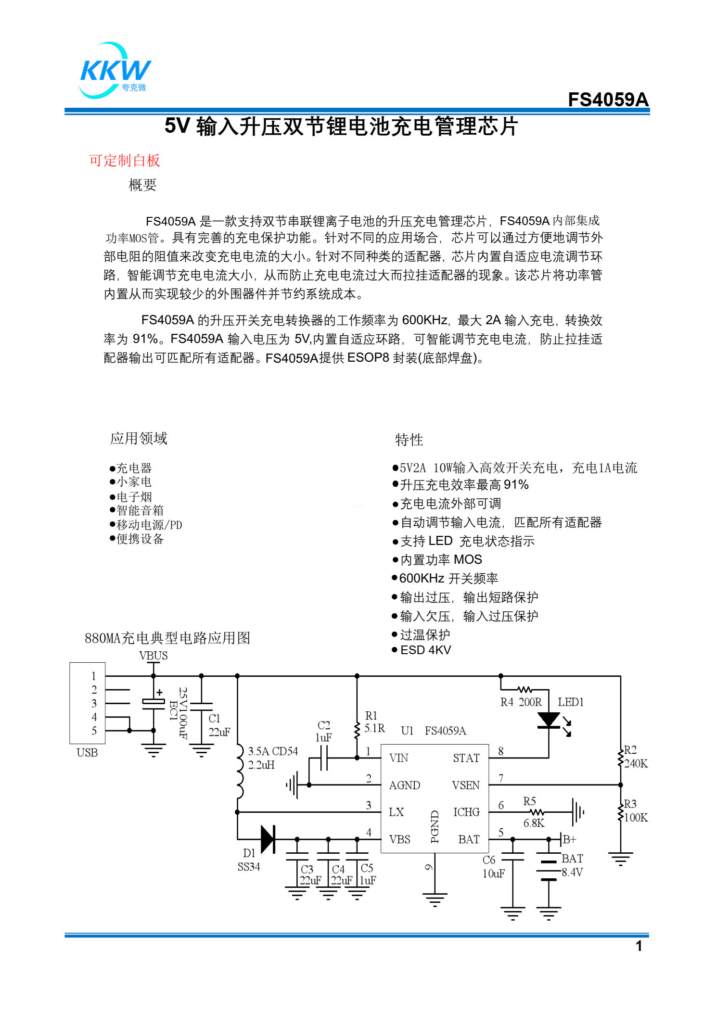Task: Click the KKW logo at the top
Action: (115, 71)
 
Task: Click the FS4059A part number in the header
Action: (608, 100)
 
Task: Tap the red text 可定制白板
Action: (124, 161)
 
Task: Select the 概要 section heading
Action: (142, 185)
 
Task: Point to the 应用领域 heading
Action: (139, 438)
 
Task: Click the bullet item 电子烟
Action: (134, 496)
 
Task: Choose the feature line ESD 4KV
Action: (425, 650)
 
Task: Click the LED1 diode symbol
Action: (549, 720)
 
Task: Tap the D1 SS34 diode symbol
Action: (268, 839)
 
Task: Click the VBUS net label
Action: (153, 656)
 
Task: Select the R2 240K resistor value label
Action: (636, 763)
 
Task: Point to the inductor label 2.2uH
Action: (261, 765)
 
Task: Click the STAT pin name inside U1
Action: (466, 758)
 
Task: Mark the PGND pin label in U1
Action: (435, 827)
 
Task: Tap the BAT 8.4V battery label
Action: (572, 865)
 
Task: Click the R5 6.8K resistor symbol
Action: (537, 812)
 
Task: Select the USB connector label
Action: (87, 753)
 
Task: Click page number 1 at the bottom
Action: (639, 946)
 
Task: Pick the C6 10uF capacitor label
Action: (493, 867)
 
